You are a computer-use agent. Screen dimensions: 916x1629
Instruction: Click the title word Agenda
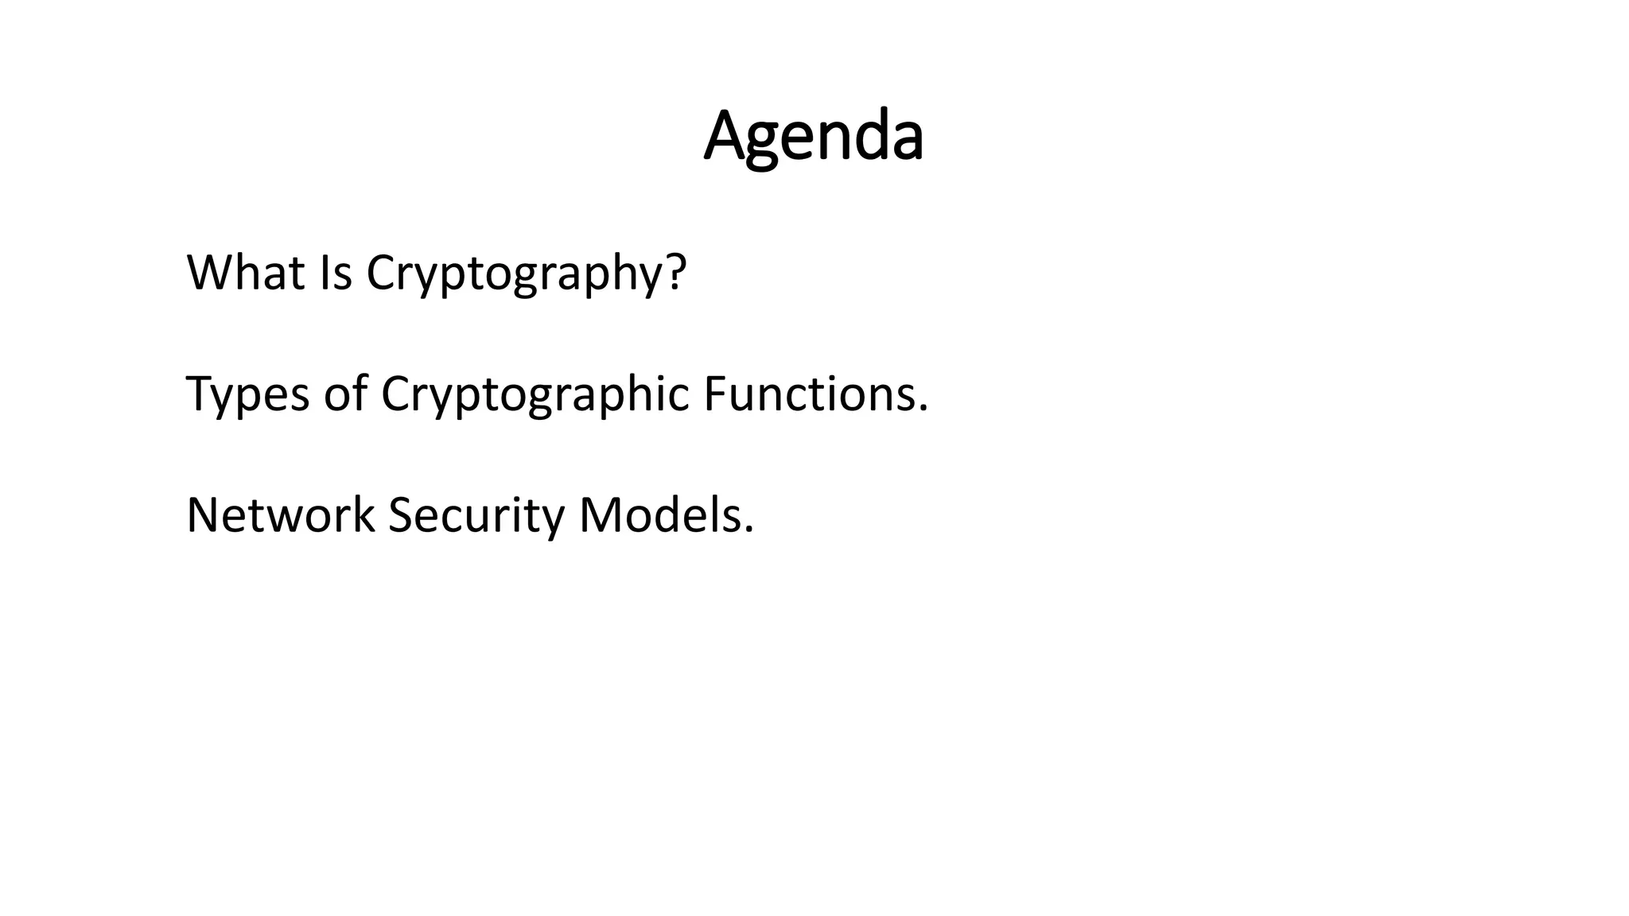813,137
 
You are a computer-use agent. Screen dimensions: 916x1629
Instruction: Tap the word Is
335,273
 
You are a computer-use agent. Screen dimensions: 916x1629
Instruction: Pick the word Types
247,395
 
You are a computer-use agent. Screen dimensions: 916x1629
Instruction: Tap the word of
344,394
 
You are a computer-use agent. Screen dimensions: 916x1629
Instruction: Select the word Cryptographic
535,395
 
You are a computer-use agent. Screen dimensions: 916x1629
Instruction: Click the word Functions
809,394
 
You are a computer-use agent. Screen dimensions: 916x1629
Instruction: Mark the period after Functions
923,410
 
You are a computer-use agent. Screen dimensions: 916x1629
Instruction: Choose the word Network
280,515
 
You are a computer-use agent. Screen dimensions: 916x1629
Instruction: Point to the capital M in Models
598,515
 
